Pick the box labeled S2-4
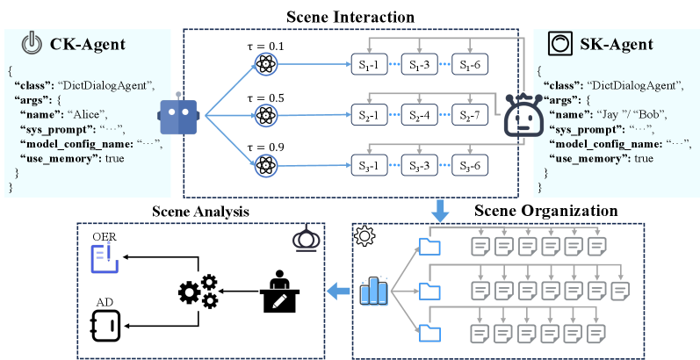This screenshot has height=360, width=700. pyautogui.click(x=422, y=115)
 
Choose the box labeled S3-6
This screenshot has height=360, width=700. pyautogui.click(x=473, y=166)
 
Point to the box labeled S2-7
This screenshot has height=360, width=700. pyautogui.click(x=473, y=115)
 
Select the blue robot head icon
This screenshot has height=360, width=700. pyautogui.click(x=180, y=115)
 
